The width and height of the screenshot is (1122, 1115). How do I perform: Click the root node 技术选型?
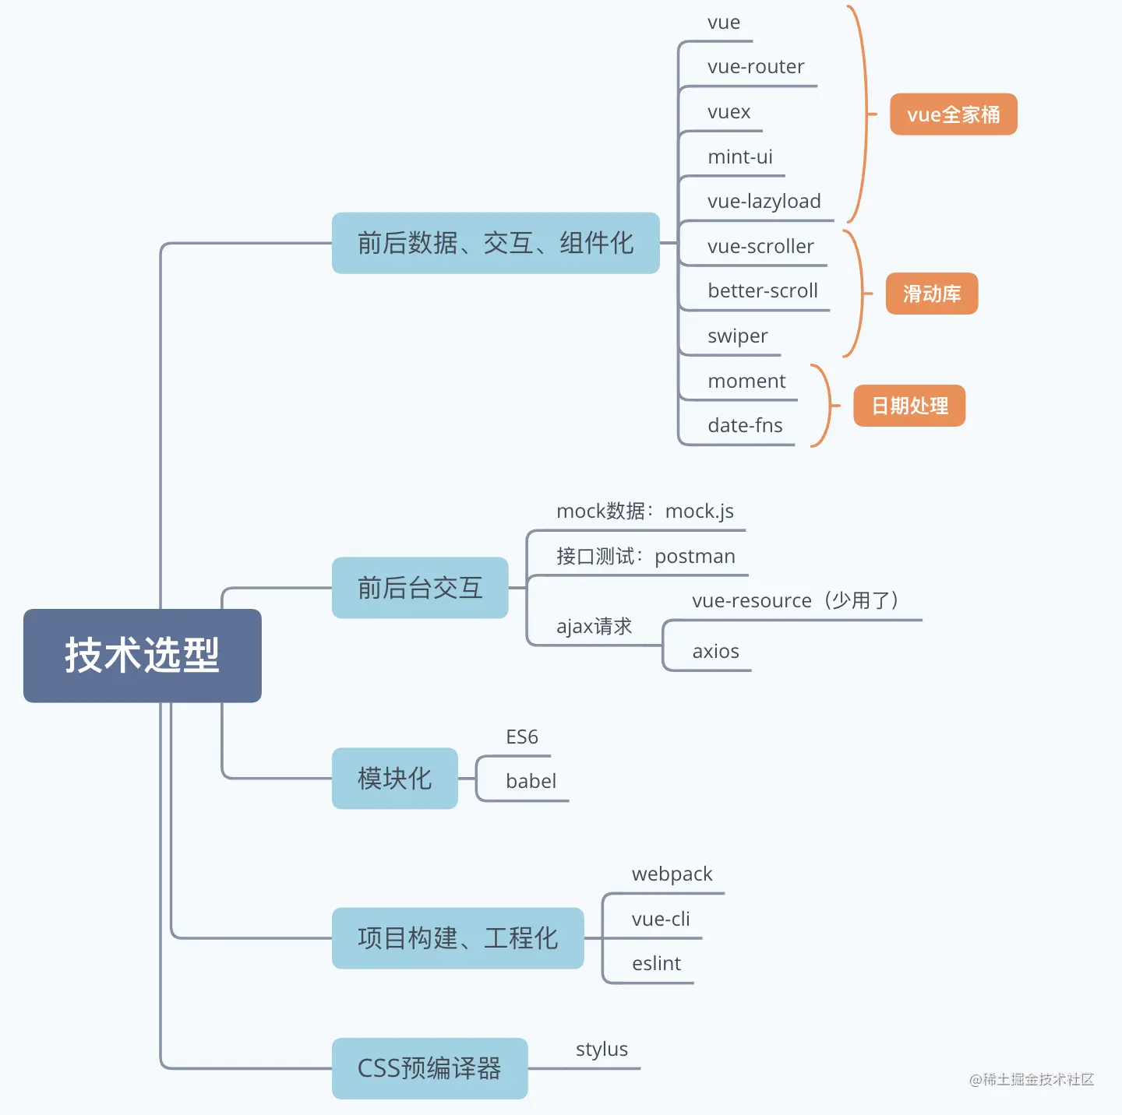tap(142, 656)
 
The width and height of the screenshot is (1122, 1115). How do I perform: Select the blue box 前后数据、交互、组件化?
tap(496, 243)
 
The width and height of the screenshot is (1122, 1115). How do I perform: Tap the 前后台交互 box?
tap(420, 588)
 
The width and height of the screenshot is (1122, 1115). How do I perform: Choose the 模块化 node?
tap(394, 779)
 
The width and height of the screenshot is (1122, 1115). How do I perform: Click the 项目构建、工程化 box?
tap(457, 938)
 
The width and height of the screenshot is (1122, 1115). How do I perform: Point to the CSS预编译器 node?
tap(429, 1068)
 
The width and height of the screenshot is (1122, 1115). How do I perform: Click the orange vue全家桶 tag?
tap(953, 114)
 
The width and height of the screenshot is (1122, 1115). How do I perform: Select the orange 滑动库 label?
tap(931, 294)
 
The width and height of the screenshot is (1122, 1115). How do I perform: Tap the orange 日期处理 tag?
tap(909, 406)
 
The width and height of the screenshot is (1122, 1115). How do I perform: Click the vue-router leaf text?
tap(756, 67)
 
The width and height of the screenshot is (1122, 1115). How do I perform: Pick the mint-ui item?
tap(739, 157)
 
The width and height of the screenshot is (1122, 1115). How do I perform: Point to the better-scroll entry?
tap(762, 291)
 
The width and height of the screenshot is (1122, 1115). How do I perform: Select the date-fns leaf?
tap(745, 426)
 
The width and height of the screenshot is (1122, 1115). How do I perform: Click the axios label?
tap(715, 652)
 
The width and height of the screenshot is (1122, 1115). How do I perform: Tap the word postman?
tap(695, 557)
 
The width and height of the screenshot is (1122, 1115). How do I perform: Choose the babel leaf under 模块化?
tap(531, 782)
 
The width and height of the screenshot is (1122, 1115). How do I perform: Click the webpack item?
tap(672, 874)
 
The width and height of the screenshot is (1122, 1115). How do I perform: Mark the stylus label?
tap(602, 1050)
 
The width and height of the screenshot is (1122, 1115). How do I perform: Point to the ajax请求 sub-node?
tap(594, 627)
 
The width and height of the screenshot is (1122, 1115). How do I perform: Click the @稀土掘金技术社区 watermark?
tap(1032, 1079)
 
